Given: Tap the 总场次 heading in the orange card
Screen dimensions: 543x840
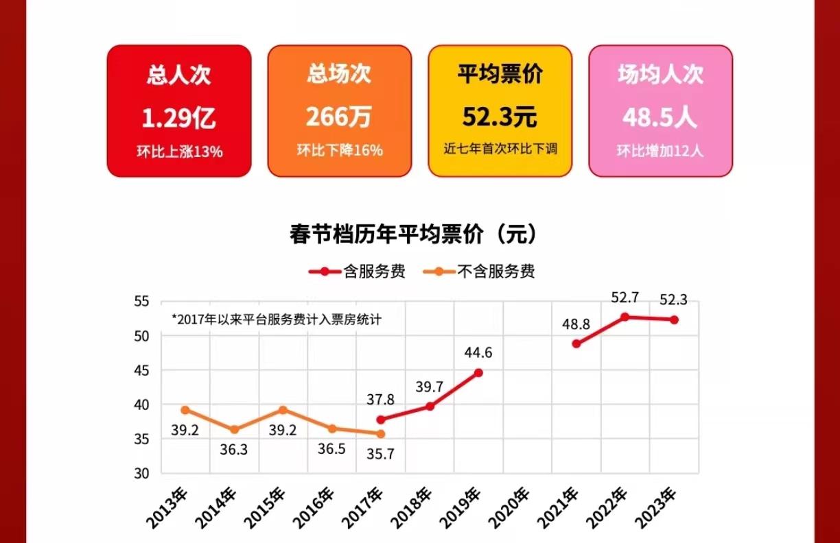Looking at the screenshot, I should point(339,74).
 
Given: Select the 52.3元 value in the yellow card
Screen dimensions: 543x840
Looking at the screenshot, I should point(500,118).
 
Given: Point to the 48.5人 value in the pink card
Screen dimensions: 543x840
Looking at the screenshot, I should point(660,118).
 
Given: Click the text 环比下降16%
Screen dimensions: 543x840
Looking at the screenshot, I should point(340,151).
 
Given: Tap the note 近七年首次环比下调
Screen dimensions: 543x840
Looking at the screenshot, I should point(500,149).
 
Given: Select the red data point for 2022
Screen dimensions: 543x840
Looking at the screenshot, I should point(625,317).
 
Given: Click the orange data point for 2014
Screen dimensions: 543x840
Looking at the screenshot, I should point(234,430).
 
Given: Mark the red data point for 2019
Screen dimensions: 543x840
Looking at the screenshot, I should point(478,372).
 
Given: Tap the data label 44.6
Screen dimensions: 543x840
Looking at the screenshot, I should point(478,353).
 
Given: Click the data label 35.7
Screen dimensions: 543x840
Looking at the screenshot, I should point(381,454).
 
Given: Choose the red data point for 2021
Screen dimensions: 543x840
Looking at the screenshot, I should point(576,343).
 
